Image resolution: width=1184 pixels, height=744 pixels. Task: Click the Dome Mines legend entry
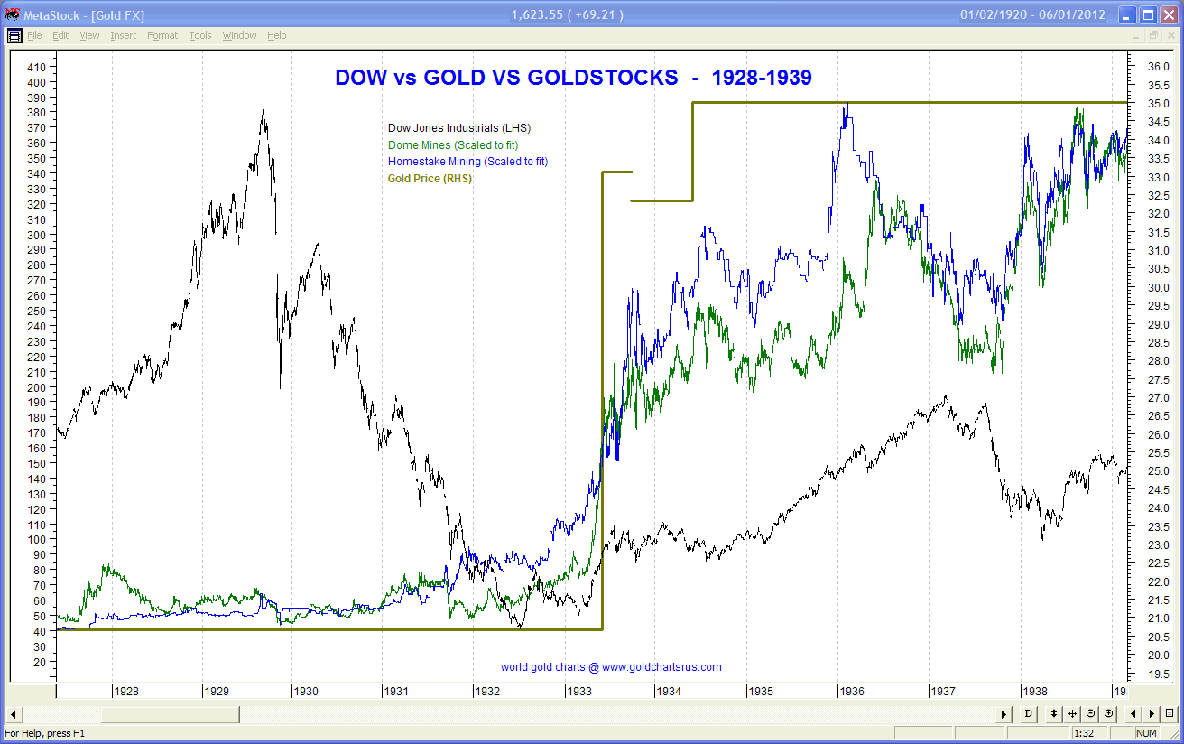(453, 144)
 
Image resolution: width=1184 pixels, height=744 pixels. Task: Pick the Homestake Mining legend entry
(467, 162)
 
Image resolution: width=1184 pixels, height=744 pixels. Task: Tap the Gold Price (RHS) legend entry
(430, 179)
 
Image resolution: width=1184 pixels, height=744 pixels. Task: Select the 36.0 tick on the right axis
(1158, 67)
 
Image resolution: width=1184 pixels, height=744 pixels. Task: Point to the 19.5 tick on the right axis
(1158, 675)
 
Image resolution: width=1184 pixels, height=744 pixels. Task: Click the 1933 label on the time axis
(579, 692)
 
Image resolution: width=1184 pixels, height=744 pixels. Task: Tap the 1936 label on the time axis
(852, 692)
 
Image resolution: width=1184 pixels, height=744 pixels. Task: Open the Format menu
(162, 35)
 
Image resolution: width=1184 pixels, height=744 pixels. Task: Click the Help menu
(276, 35)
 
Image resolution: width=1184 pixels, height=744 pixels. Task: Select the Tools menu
(200, 35)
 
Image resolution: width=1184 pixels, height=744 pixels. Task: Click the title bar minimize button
(1128, 14)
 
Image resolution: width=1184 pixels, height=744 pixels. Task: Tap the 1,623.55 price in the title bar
(538, 14)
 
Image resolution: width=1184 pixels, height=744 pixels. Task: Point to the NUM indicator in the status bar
(1145, 733)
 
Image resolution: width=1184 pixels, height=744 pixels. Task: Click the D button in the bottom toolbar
(1028, 714)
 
